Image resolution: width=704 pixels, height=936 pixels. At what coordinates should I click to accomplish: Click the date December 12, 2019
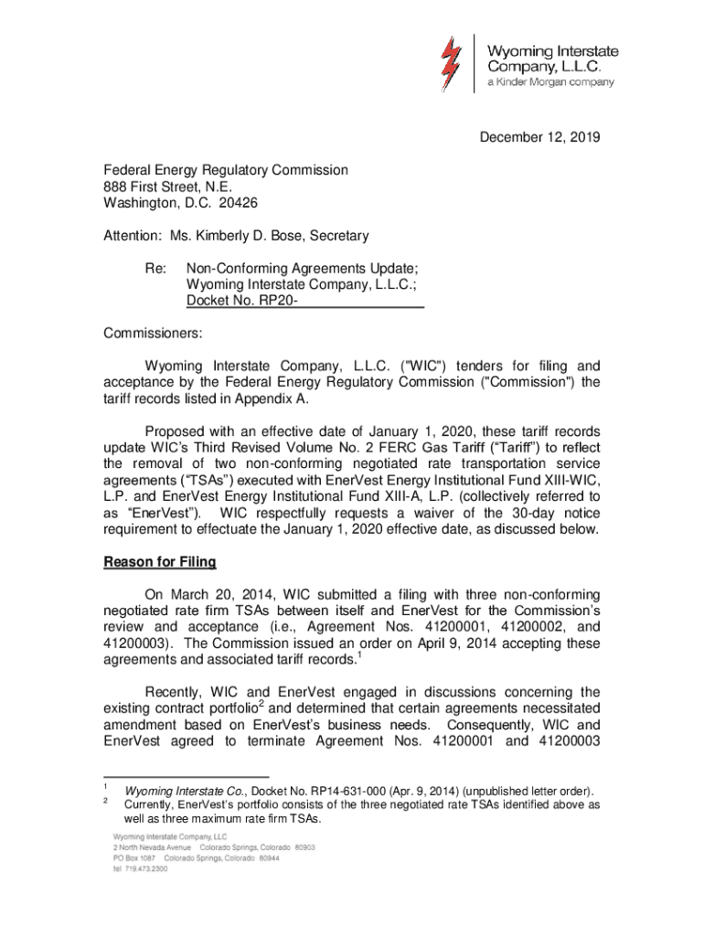coord(539,138)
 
